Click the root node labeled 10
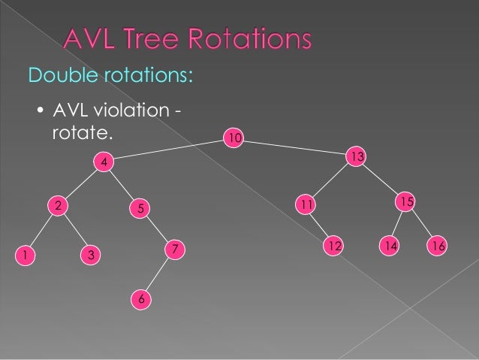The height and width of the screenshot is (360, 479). [235, 138]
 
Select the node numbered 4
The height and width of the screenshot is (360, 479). [104, 162]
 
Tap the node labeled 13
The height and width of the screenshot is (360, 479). [356, 156]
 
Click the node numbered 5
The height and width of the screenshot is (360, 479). [140, 208]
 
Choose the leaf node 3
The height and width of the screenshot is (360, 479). [90, 256]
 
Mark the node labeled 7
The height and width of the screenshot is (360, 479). [174, 249]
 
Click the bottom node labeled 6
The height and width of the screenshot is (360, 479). [140, 300]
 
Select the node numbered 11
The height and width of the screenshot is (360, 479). [305, 204]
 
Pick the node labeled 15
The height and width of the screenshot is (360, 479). [406, 201]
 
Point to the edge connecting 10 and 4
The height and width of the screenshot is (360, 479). [169, 150]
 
